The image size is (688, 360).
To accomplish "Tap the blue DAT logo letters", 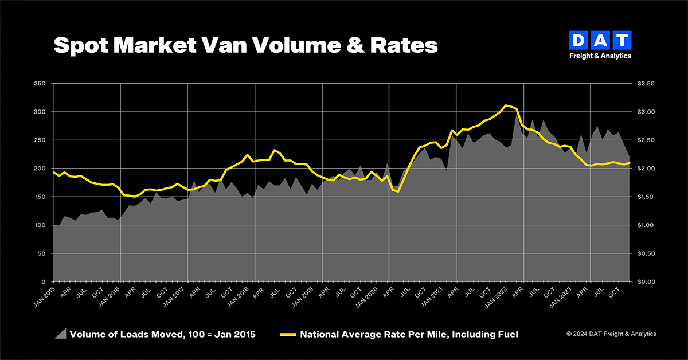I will [600, 40].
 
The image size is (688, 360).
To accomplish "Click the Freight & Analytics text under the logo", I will [600, 56].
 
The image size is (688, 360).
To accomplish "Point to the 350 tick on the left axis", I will [40, 84].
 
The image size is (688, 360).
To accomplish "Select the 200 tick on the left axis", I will [40, 169].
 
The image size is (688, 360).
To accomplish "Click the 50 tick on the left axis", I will [41, 253].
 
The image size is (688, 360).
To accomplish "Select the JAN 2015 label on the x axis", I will [44, 294].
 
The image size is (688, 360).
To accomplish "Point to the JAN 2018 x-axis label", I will [246, 294].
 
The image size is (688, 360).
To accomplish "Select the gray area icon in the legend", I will [60, 334].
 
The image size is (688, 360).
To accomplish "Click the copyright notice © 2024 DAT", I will [611, 334].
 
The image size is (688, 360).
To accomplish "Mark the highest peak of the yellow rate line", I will [505, 105].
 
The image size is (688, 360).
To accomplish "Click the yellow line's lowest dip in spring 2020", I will [398, 191].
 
